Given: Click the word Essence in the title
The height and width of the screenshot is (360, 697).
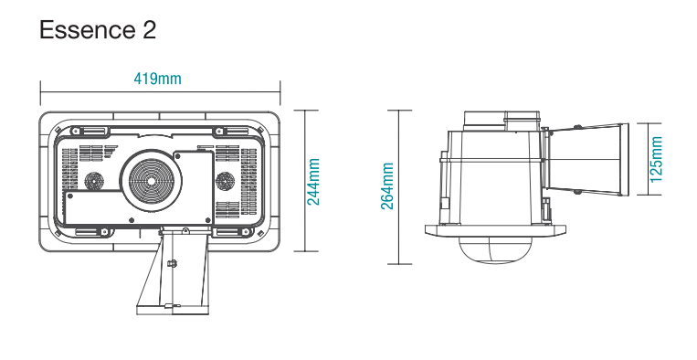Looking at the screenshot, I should pyautogui.click(x=87, y=30).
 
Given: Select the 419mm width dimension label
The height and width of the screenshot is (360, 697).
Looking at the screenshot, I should pyautogui.click(x=158, y=79).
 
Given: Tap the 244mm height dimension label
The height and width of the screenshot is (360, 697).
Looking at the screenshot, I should pyautogui.click(x=313, y=181).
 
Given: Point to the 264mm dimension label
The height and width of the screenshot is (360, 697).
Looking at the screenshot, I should pyautogui.click(x=387, y=187).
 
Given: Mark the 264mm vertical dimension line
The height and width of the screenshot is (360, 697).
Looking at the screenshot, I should pyautogui.click(x=399, y=187).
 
